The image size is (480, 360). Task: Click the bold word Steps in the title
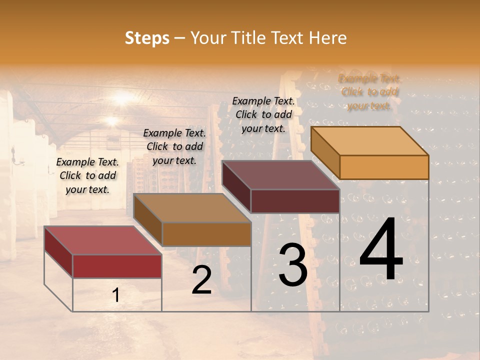click(x=147, y=38)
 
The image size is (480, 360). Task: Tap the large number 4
click(x=381, y=250)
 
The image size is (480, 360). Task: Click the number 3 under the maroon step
click(x=292, y=265)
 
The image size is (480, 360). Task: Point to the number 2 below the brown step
click(x=201, y=280)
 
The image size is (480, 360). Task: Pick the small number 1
click(x=116, y=295)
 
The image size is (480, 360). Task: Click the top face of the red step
click(x=103, y=240)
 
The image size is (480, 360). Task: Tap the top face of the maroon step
click(x=280, y=175)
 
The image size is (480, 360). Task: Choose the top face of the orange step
click(x=370, y=141)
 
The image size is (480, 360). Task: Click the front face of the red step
click(x=117, y=266)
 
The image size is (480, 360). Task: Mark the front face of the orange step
click(x=384, y=167)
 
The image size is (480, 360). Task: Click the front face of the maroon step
click(x=295, y=201)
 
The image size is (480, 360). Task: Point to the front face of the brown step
click(x=206, y=234)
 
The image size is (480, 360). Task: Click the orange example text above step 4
click(x=370, y=92)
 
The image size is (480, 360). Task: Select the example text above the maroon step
click(x=263, y=114)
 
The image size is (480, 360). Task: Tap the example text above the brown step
click(x=174, y=146)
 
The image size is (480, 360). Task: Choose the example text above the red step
click(x=87, y=175)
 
